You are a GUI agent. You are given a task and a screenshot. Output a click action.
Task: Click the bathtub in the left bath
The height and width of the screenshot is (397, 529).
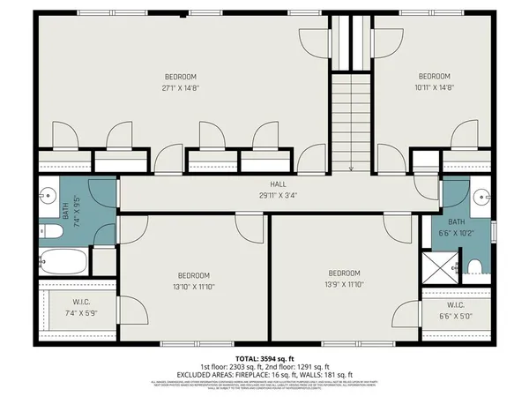coord(63,262)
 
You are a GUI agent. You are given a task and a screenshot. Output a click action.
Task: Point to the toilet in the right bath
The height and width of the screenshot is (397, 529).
coord(474,266)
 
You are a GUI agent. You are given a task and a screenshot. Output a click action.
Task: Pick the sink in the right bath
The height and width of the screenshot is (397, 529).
coord(481,195)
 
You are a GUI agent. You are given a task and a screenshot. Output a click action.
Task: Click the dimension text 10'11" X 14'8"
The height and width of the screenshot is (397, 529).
coord(434,88)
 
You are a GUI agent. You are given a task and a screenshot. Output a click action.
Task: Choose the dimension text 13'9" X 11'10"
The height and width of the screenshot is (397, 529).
coord(344,285)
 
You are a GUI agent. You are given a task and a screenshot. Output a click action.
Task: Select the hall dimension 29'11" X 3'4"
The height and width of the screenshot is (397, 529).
coord(265,195)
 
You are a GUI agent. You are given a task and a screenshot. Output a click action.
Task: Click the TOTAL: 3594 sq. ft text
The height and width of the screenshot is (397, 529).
coord(264,357)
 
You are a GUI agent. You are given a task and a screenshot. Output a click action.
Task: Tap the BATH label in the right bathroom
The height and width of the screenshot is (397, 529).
coord(456,222)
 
